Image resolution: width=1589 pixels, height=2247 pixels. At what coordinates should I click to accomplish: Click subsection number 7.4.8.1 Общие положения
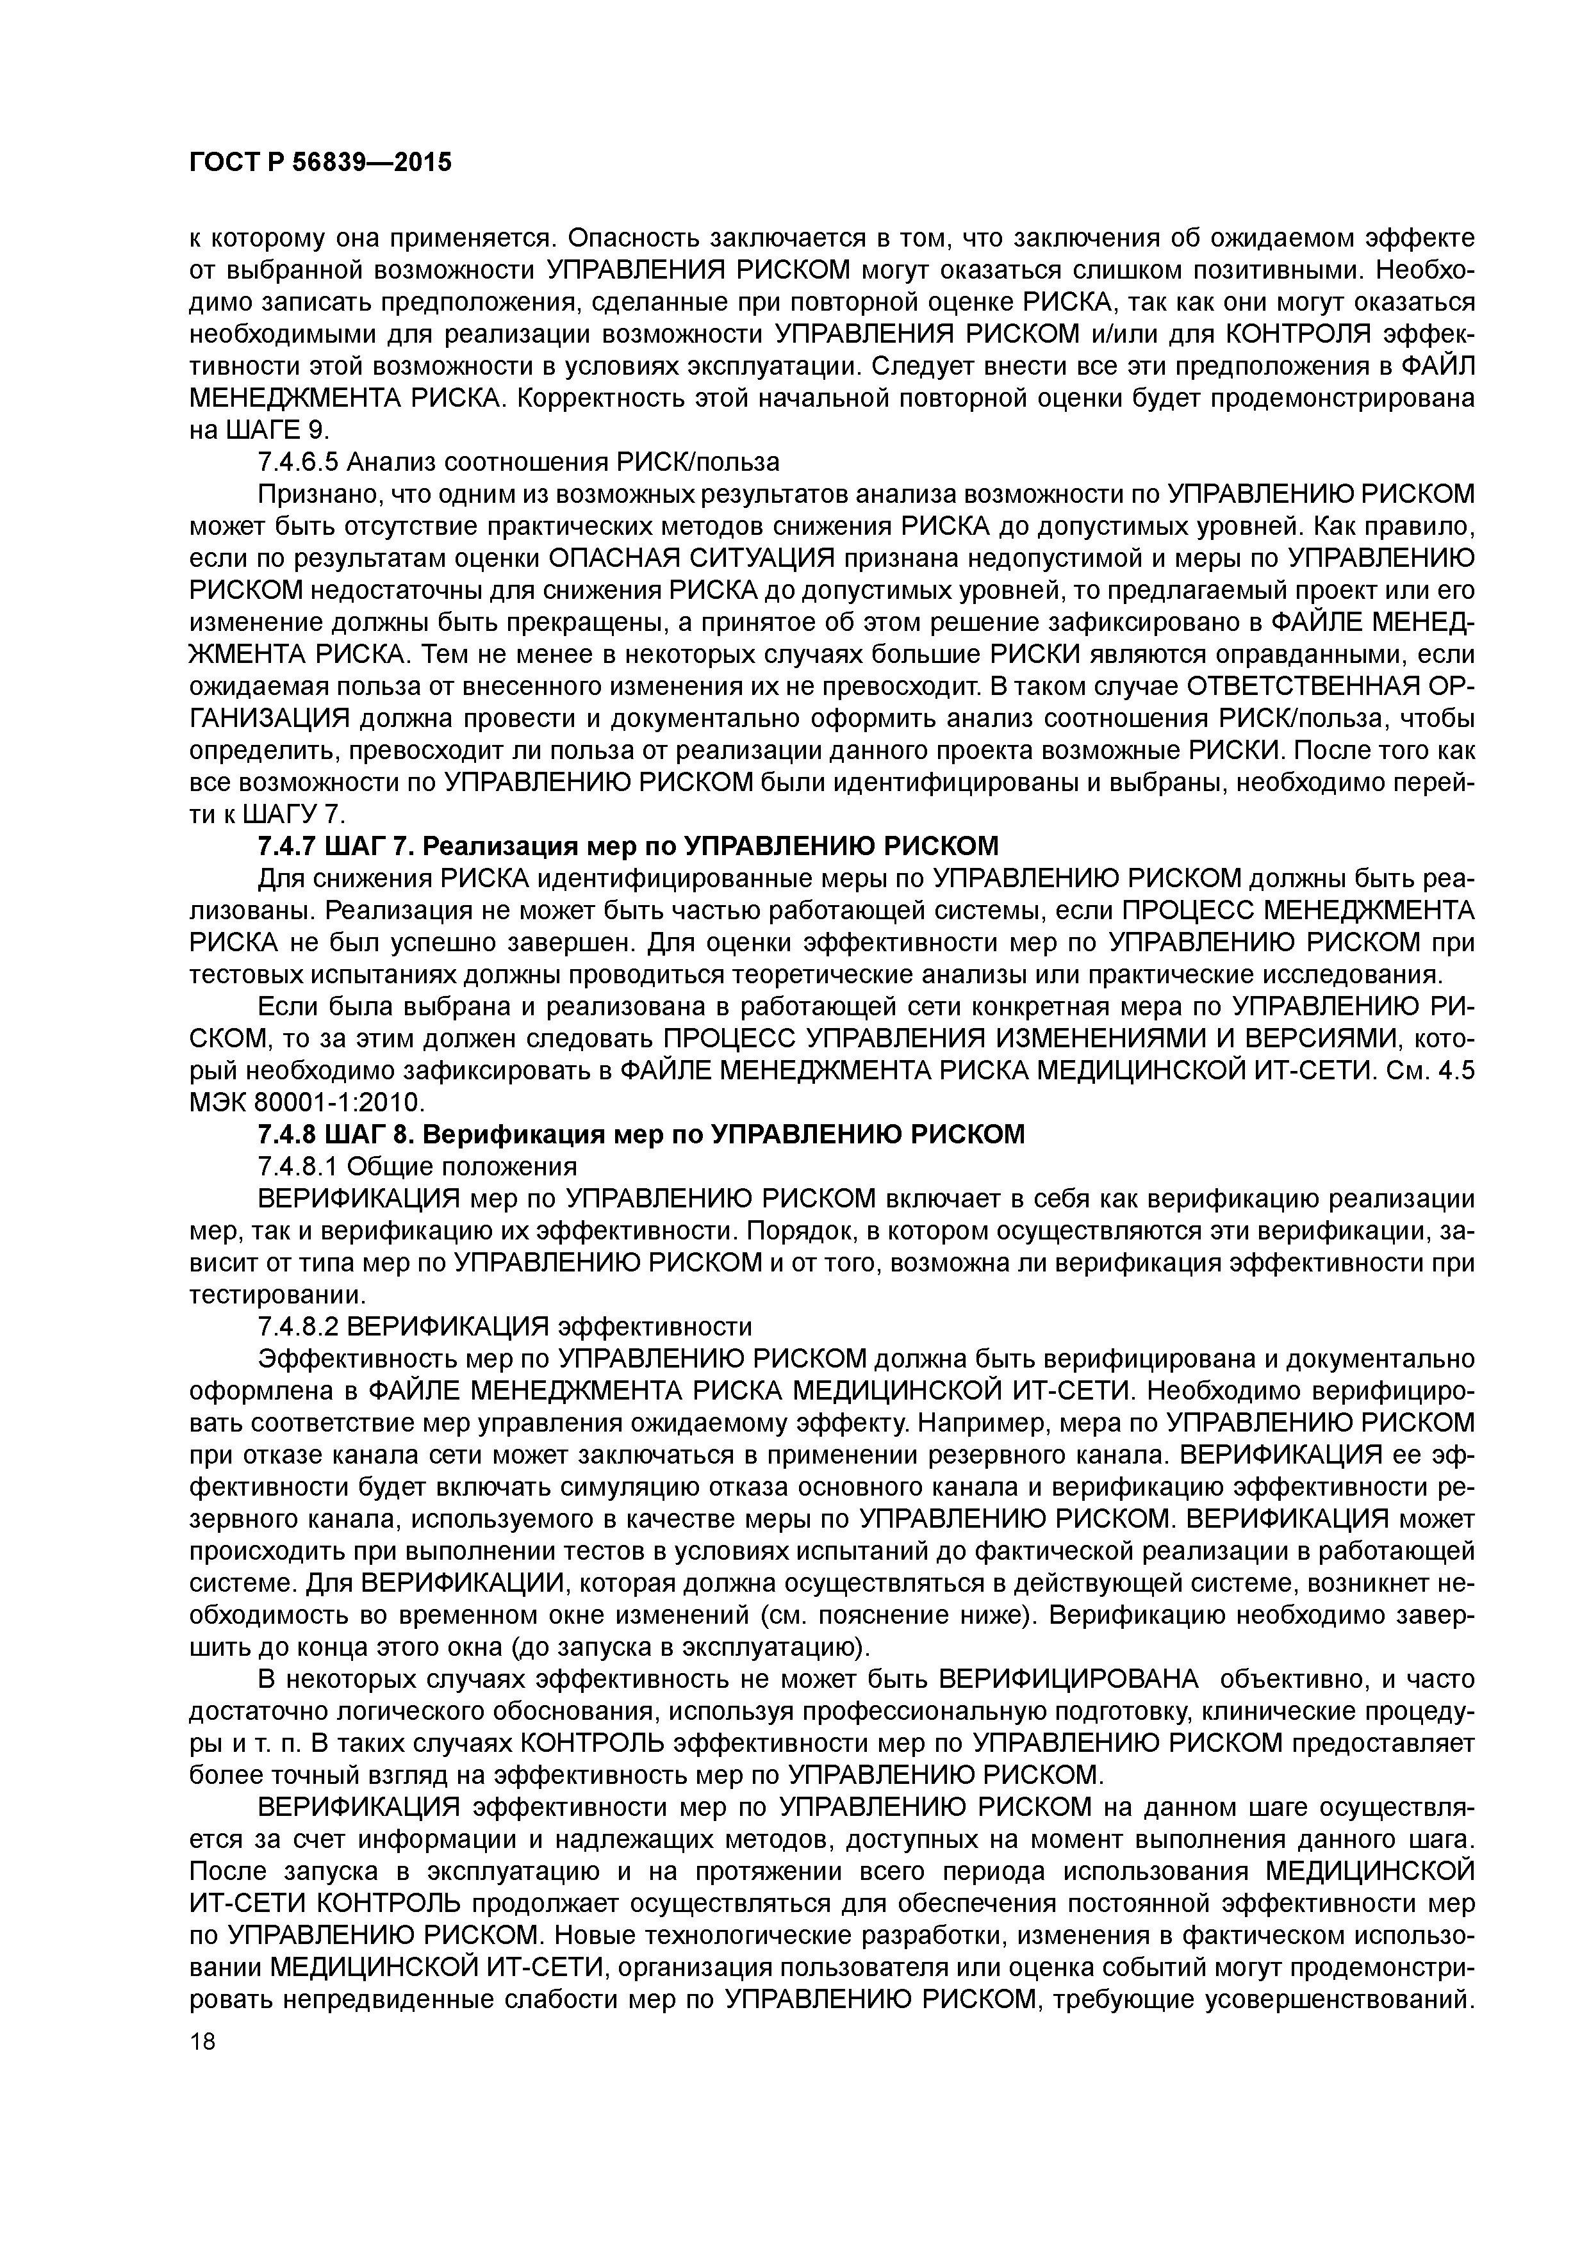tap(416, 1166)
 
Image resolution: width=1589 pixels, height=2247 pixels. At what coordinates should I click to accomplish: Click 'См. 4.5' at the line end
tap(1430, 1070)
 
